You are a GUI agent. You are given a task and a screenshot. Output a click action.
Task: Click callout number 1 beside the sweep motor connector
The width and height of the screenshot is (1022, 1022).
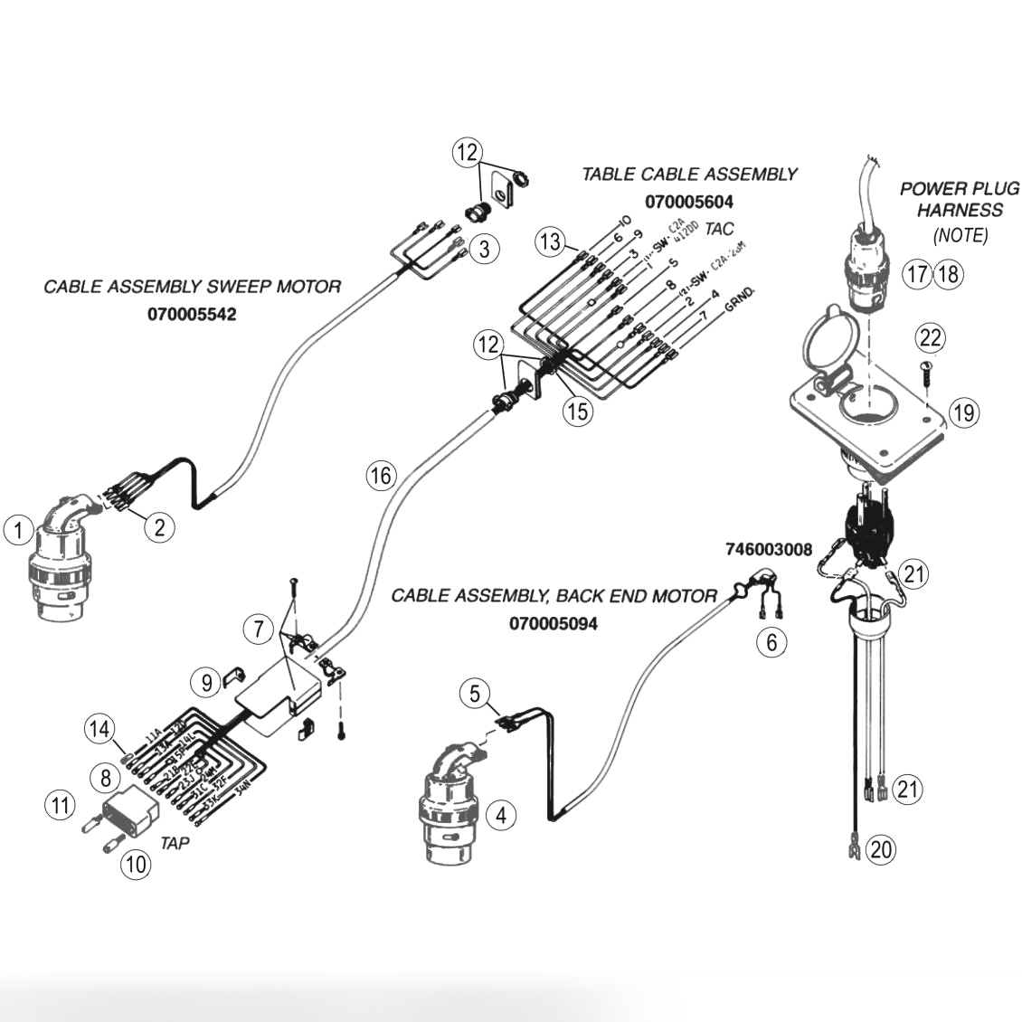tap(18, 529)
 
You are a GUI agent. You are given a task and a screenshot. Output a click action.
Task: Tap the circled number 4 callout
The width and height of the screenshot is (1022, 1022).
tap(500, 815)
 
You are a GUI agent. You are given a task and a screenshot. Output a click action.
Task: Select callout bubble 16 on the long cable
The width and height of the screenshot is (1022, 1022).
tap(382, 474)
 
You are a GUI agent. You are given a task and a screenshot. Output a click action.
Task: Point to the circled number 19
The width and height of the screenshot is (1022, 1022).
tap(964, 413)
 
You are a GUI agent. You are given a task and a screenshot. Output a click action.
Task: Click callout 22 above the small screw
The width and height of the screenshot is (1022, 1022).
tap(930, 338)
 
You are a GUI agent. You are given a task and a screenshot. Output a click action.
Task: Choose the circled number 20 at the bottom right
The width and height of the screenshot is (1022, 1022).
tap(881, 849)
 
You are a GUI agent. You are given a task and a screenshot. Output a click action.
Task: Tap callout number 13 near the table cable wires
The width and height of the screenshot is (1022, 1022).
tap(550, 241)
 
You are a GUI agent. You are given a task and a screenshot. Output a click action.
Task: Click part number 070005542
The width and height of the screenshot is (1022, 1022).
tap(192, 315)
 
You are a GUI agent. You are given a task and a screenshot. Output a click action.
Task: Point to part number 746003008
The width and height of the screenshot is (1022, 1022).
tap(768, 549)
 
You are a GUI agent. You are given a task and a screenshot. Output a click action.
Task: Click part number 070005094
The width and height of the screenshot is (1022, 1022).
tap(553, 623)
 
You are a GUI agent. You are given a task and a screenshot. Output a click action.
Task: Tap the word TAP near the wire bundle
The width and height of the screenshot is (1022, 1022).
tap(175, 842)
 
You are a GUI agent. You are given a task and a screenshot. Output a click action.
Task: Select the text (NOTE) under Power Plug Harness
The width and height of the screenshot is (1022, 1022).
tap(960, 235)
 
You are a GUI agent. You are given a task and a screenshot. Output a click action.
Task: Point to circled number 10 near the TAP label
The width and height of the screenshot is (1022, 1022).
tap(136, 864)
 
